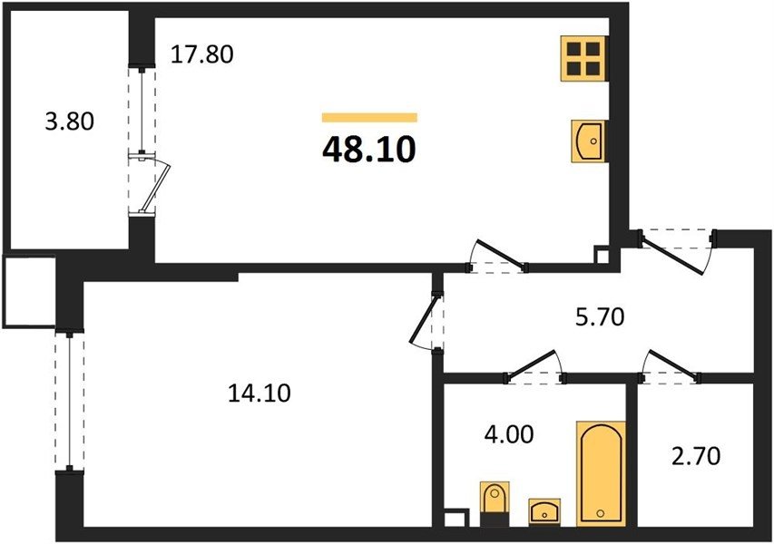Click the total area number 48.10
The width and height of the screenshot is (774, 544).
[x=368, y=150]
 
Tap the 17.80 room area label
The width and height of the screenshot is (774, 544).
[x=201, y=54]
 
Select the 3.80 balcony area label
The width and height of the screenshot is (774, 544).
[x=70, y=121]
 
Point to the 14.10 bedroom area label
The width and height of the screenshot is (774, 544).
[x=260, y=393]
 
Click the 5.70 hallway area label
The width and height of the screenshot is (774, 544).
[x=601, y=317]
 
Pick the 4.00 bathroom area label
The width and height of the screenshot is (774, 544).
[x=509, y=435]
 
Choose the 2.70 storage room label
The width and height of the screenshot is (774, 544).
[x=696, y=456]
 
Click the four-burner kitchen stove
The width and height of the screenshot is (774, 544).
[x=584, y=59]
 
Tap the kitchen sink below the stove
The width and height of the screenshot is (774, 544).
[x=588, y=141]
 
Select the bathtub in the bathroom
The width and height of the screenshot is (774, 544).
[x=601, y=474]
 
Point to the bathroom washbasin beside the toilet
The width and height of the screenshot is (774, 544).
[x=544, y=512]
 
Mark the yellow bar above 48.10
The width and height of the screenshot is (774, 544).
[x=369, y=117]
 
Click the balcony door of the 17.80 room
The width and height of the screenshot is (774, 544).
[x=150, y=183]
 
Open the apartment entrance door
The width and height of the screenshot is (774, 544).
[x=676, y=251]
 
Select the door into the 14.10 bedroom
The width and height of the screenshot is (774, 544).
[x=426, y=321]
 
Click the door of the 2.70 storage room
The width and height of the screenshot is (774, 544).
[x=671, y=366]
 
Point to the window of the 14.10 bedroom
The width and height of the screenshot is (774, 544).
[x=70, y=401]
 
